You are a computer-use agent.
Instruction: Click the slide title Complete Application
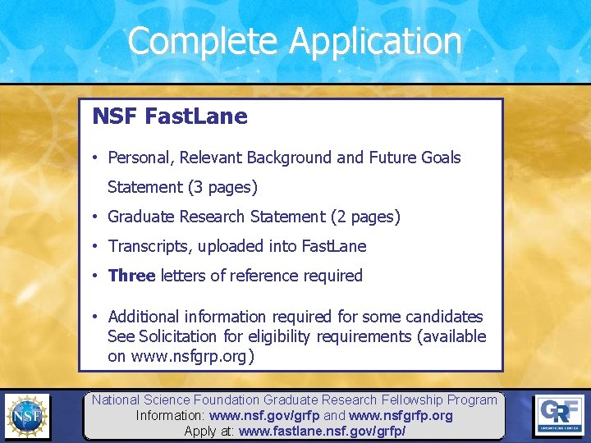click(x=295, y=41)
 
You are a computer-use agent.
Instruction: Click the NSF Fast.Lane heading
click(x=170, y=116)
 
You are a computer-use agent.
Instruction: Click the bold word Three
click(x=131, y=276)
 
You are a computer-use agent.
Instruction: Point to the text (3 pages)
click(x=222, y=187)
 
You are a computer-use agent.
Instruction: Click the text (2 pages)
click(x=365, y=217)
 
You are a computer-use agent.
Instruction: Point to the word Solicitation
click(x=184, y=336)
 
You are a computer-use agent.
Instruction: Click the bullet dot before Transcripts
click(x=96, y=246)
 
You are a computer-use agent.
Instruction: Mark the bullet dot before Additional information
click(x=96, y=317)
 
